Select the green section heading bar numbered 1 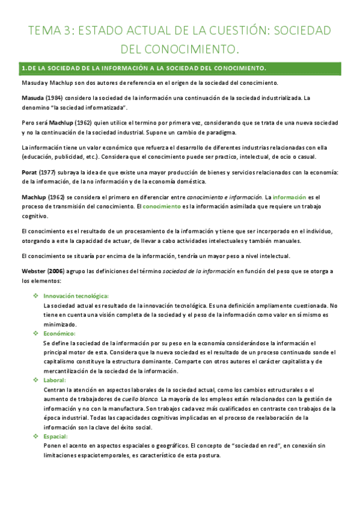point(180,68)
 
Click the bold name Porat point(30,173)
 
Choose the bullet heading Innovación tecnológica point(76,296)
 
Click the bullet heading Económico point(59,333)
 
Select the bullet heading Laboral point(55,380)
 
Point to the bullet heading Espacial point(56,437)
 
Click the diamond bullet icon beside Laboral point(35,380)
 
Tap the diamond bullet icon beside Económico point(35,333)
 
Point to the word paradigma point(220,132)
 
